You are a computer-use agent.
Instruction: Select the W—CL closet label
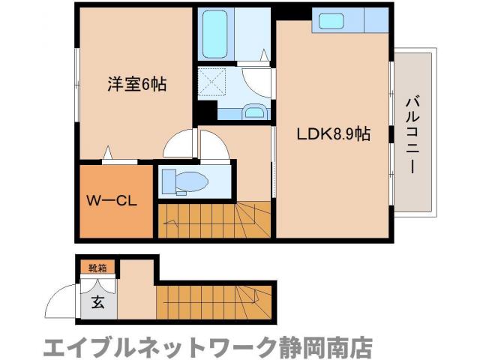coord(112,202)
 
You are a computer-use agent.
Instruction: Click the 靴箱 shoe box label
coord(97,268)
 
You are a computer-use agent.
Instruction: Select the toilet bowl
coord(187,181)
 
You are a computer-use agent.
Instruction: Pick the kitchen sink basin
coord(331,21)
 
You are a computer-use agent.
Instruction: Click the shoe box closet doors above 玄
coord(97,285)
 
